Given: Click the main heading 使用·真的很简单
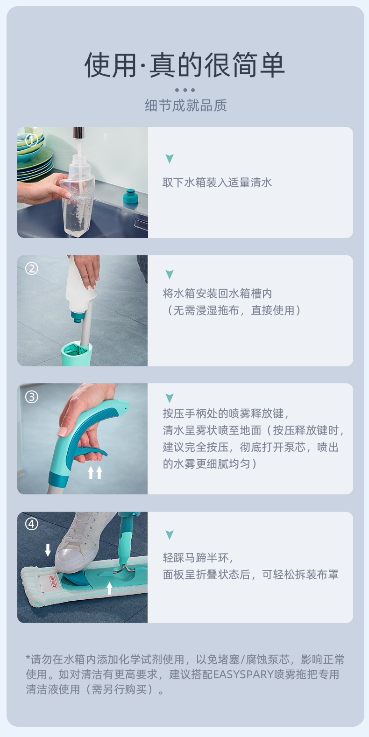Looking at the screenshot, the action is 184,65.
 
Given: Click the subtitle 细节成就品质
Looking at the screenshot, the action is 185,105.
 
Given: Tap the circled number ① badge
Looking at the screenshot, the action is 32,140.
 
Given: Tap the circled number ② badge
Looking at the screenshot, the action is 32,268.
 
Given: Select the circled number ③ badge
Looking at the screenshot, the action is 32,397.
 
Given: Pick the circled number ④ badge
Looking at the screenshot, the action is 32,524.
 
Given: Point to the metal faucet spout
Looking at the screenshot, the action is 78,133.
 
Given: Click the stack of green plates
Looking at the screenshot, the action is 33,154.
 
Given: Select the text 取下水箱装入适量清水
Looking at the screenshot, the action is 217,182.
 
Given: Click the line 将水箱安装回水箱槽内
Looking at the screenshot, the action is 217,294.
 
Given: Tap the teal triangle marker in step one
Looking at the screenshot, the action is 170,159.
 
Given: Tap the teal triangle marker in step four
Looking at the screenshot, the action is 170,535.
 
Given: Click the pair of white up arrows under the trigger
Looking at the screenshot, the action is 95,472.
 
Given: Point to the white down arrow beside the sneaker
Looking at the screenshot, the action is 48,550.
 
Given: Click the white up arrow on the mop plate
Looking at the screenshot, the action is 110,588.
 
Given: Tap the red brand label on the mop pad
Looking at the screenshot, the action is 53,582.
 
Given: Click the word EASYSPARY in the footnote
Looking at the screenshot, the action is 243,674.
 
